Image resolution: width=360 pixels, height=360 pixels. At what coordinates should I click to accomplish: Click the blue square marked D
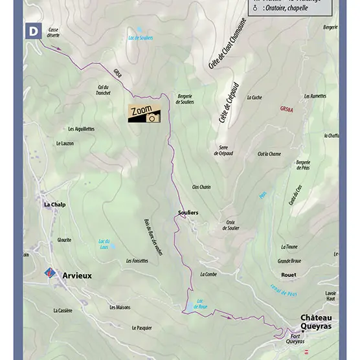tap(32, 30)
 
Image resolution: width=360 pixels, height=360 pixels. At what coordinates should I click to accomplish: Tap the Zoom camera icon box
tap(143, 113)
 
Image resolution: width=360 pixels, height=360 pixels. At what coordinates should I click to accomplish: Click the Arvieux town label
tap(77, 275)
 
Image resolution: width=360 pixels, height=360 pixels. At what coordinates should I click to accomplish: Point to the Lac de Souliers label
tap(142, 38)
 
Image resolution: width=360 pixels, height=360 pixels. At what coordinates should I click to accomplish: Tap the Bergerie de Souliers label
tap(185, 99)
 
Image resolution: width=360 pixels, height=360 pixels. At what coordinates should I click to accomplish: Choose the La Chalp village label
tap(55, 204)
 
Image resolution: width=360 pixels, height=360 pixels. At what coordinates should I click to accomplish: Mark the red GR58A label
tap(287, 109)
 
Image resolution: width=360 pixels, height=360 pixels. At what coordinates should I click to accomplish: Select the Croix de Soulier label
tap(232, 225)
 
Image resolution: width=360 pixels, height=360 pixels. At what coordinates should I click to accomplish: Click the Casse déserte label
tap(53, 33)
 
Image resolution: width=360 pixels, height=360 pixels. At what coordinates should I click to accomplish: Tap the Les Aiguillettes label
tap(81, 129)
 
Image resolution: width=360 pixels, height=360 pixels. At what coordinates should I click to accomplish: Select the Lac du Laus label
tap(103, 243)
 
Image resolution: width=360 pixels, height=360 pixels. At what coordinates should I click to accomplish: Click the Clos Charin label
tap(201, 186)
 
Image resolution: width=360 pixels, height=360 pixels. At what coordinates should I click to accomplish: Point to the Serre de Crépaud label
tap(224, 150)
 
